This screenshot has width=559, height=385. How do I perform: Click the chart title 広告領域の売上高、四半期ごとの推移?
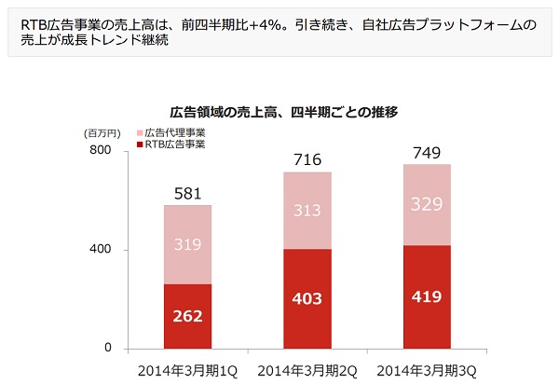(284, 112)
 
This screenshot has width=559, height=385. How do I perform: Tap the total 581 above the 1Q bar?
(189, 194)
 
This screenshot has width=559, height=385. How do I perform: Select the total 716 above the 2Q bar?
(307, 160)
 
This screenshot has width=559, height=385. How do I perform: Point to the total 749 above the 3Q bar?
(427, 153)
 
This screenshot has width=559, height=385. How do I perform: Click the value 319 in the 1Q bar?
(189, 245)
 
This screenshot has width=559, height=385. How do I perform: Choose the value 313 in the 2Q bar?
(307, 211)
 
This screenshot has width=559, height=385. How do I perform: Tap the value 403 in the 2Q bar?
(307, 298)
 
